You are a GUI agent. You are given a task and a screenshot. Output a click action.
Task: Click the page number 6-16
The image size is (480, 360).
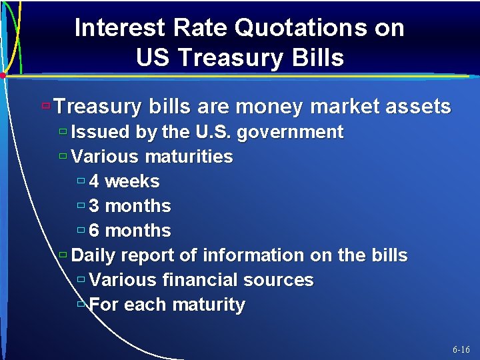461,349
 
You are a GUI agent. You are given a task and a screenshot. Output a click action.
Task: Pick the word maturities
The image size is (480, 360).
189,157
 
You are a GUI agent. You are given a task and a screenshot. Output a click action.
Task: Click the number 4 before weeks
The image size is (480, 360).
94,181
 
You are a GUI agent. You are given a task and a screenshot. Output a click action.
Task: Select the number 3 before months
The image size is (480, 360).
94,206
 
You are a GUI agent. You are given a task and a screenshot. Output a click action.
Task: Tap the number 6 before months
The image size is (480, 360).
94,231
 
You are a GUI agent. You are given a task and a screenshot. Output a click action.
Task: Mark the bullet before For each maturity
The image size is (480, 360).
81,304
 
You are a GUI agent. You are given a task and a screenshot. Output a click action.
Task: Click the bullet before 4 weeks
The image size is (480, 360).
81,181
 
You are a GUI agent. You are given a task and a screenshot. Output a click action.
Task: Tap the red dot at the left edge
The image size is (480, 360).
3,76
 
